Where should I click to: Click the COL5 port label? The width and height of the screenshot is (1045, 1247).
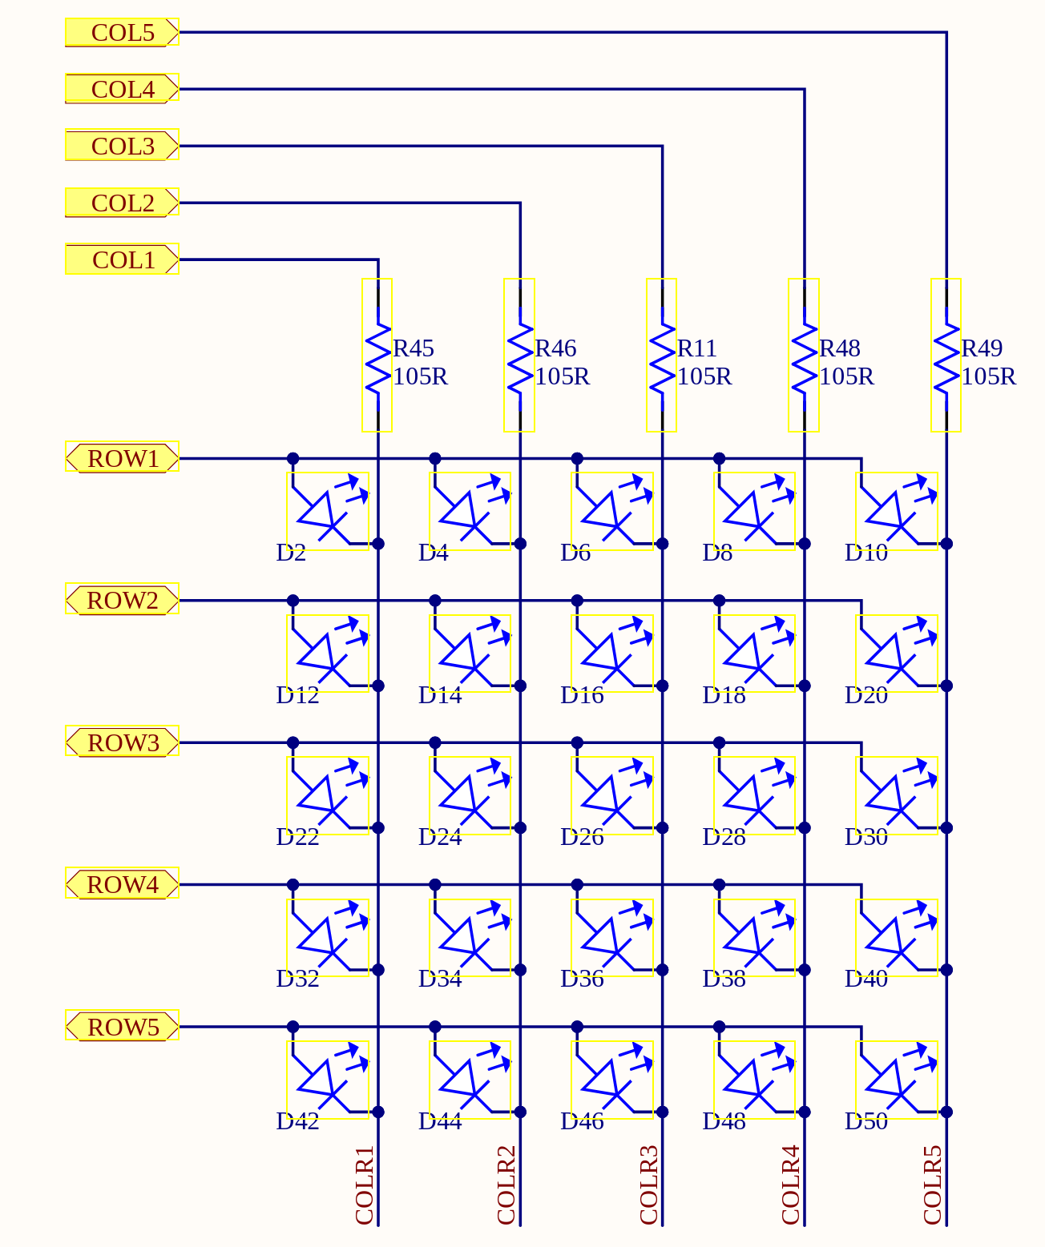[122, 33]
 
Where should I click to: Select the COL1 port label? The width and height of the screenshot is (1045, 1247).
[122, 260]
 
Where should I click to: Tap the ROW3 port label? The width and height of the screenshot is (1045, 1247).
[122, 742]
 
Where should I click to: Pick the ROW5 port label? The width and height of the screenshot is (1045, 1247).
[122, 1027]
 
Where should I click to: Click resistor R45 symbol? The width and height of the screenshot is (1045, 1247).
[377, 356]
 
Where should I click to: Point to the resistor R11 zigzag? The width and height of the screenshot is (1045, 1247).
[662, 356]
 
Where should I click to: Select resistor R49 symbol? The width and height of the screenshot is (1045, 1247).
[946, 356]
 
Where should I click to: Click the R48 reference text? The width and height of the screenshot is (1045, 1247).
[839, 348]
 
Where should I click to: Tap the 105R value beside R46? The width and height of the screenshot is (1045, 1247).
[562, 376]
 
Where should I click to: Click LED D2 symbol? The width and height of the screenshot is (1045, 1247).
[329, 511]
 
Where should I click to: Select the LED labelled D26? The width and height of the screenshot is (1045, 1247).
[612, 795]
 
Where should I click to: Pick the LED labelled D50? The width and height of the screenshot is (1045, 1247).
[897, 1080]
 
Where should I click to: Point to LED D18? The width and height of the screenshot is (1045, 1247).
[754, 654]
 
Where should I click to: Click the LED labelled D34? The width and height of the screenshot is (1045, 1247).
[470, 937]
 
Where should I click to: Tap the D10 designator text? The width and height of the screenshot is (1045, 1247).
[865, 553]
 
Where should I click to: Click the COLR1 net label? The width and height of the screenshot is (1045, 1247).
[365, 1185]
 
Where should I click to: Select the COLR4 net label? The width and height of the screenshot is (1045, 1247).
[791, 1185]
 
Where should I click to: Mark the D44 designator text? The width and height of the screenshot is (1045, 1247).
[440, 1121]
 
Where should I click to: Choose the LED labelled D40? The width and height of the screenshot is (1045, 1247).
[897, 937]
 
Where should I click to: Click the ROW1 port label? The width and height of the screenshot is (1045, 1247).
[122, 459]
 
